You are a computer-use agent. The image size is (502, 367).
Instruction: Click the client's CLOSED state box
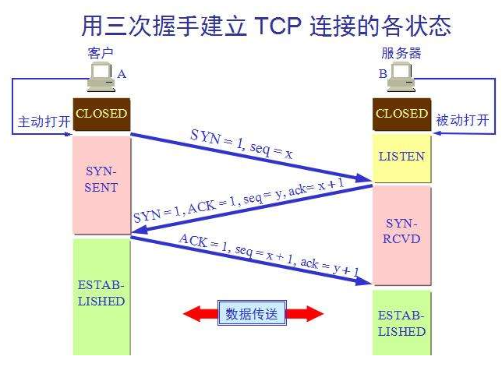(x=101, y=114)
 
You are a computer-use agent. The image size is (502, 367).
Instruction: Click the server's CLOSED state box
(x=401, y=114)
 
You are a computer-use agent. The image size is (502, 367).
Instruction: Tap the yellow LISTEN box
(x=401, y=156)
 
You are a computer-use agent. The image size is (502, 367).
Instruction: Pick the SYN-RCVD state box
(x=401, y=232)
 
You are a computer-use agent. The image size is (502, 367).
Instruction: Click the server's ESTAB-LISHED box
(x=401, y=323)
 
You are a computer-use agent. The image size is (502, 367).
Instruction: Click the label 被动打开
(x=462, y=121)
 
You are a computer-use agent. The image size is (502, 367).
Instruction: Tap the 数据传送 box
(x=252, y=313)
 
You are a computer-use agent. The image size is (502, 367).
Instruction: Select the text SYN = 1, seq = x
(x=241, y=143)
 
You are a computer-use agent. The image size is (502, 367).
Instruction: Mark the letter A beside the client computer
(x=122, y=74)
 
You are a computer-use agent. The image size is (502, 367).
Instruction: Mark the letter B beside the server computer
(x=382, y=74)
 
